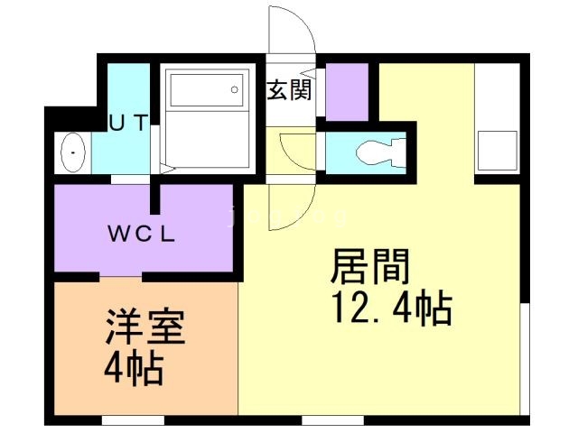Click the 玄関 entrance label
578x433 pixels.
pyautogui.click(x=289, y=90)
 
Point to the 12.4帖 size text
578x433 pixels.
pyautogui.click(x=391, y=309)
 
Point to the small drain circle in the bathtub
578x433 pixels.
pyautogui.click(x=234, y=90)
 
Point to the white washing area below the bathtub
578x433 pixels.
pyautogui.click(x=208, y=144)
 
